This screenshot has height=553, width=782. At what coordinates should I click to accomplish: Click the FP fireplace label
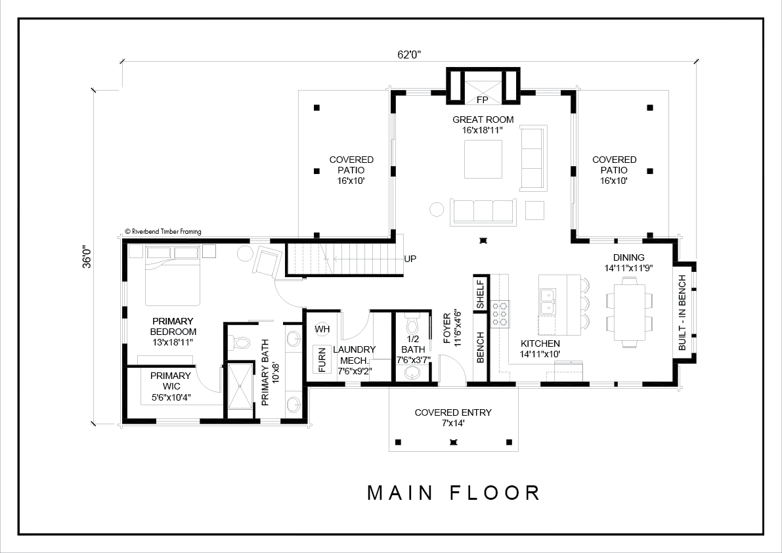(483, 100)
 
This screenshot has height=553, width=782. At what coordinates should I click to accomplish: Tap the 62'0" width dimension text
(410, 55)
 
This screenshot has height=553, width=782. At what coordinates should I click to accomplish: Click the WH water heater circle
(322, 329)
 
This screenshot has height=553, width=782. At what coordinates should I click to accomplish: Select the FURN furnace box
(322, 359)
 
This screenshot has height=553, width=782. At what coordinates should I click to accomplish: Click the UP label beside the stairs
(410, 259)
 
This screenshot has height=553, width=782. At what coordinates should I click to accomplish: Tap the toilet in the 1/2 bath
(412, 325)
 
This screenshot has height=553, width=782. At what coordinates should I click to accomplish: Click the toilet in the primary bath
(240, 343)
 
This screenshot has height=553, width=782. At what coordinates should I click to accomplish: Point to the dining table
(630, 312)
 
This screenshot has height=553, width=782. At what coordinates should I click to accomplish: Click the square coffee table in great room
(483, 159)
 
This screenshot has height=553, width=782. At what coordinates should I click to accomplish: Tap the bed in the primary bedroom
(173, 275)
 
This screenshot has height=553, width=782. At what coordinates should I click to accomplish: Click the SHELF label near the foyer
(480, 294)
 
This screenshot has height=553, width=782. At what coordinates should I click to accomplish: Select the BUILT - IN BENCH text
(682, 313)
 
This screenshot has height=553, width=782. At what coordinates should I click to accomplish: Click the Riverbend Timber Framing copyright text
(163, 231)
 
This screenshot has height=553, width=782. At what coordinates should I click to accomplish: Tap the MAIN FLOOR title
(454, 493)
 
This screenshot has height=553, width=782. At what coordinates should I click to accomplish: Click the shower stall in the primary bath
(241, 386)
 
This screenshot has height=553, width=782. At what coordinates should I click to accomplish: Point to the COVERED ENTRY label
(453, 412)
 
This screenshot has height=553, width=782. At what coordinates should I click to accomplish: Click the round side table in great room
(437, 209)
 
